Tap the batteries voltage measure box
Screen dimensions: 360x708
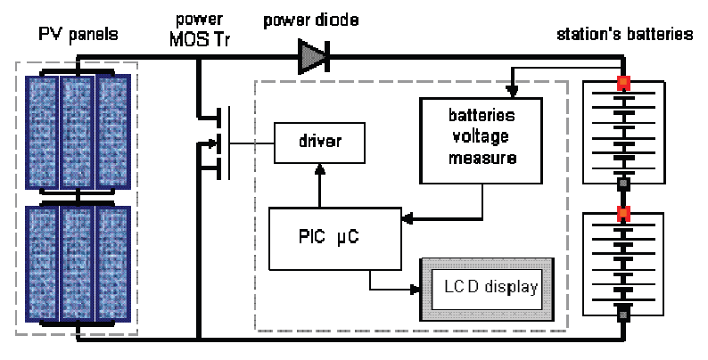coord(482,137)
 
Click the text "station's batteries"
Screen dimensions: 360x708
coord(623,35)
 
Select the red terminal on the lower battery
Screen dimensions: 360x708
coord(623,214)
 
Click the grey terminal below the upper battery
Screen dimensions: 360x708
coord(623,184)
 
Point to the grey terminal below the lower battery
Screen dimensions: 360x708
coord(623,314)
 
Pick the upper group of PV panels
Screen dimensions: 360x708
coord(78,128)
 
